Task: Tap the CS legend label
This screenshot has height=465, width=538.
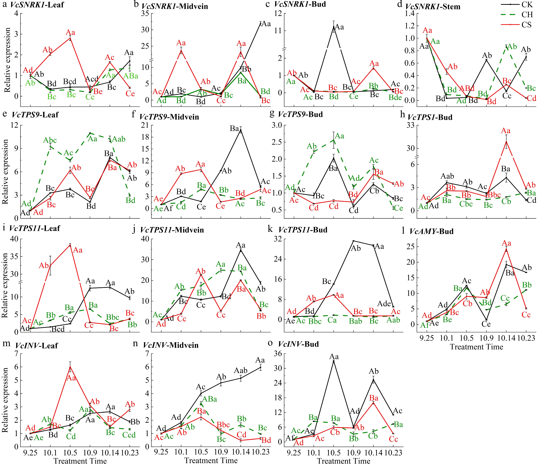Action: click(x=527, y=25)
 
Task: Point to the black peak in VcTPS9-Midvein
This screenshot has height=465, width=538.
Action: click(x=241, y=131)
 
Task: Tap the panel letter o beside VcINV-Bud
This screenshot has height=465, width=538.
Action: click(x=270, y=343)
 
